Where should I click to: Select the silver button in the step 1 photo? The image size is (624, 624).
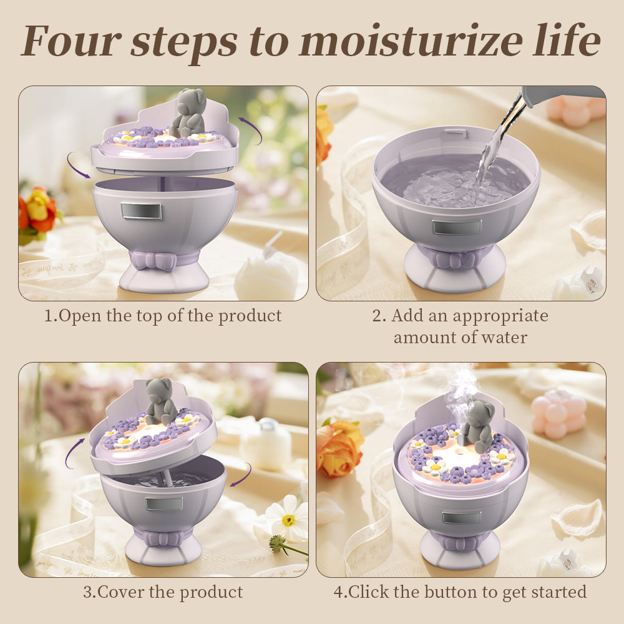point(141,211)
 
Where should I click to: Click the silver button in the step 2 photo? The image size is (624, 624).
point(457,227)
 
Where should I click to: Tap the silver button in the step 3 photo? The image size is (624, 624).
point(163,503)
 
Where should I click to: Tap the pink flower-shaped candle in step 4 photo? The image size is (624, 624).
point(558,415)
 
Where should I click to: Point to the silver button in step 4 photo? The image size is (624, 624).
point(461,517)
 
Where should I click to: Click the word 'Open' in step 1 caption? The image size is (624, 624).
point(81,316)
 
